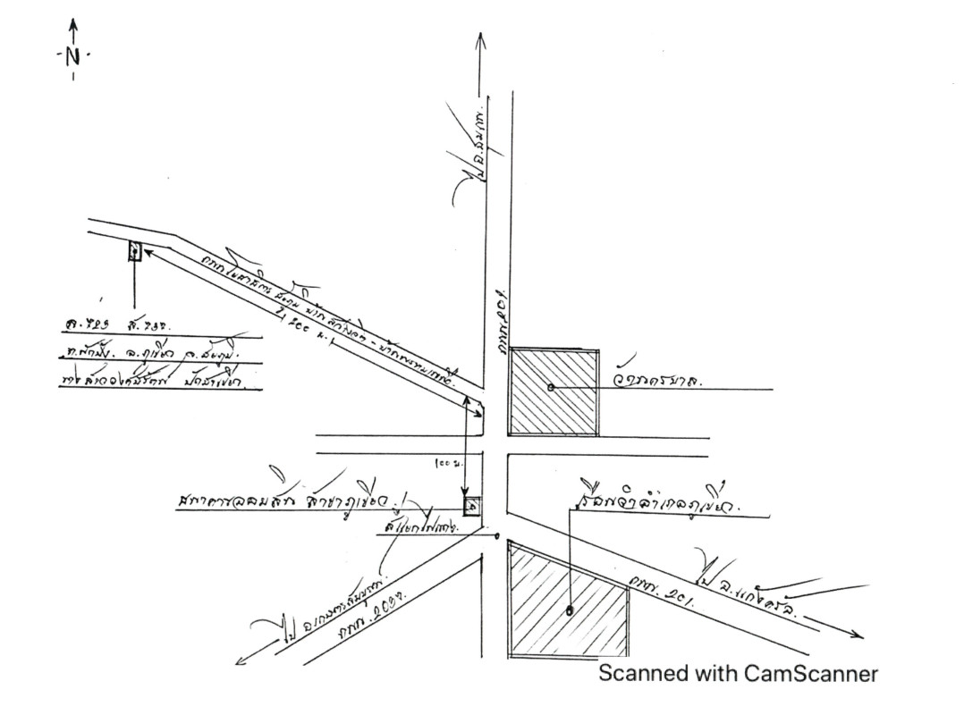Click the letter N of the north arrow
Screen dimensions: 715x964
[72, 55]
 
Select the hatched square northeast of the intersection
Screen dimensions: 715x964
[554, 392]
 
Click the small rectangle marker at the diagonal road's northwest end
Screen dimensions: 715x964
[134, 251]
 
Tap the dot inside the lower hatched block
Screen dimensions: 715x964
[570, 611]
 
